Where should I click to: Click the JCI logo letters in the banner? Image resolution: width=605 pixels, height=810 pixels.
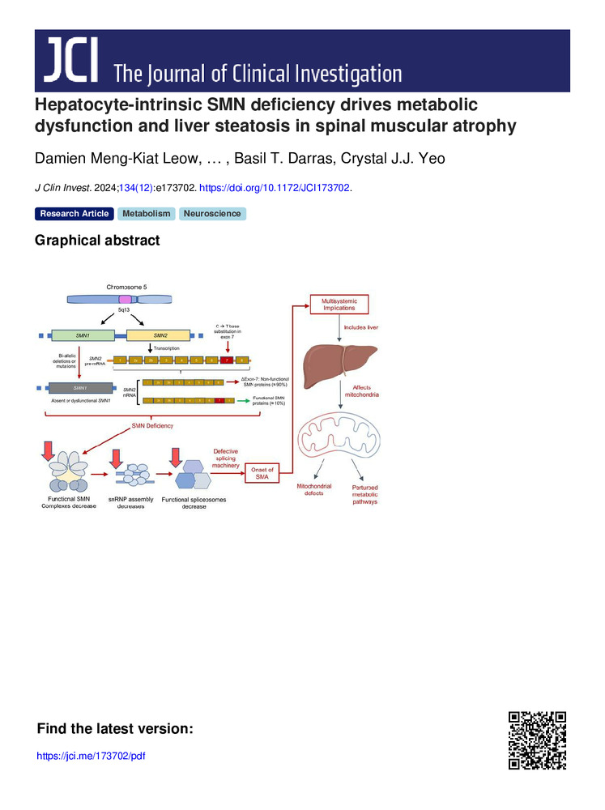click(x=70, y=62)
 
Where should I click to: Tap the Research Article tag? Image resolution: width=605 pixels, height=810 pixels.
click(x=74, y=214)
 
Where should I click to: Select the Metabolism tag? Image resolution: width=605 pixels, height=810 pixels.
click(x=147, y=214)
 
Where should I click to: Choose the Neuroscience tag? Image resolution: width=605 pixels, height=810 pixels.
click(x=212, y=214)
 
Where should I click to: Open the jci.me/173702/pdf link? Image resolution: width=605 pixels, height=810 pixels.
click(x=92, y=756)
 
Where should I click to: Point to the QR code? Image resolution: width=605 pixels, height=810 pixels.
click(x=536, y=740)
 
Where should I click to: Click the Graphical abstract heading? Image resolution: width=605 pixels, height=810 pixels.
click(x=97, y=241)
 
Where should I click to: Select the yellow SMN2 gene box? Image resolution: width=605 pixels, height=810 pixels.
click(x=159, y=335)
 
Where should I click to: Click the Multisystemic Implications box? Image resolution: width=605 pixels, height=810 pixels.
click(x=339, y=305)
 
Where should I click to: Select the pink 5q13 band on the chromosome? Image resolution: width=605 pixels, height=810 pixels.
click(x=125, y=299)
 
